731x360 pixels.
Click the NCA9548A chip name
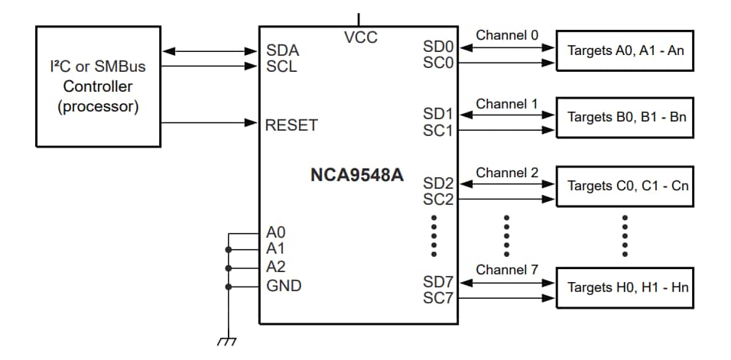click(x=356, y=176)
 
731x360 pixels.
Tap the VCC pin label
click(x=361, y=37)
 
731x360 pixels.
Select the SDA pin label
click(x=282, y=51)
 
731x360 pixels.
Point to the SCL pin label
click(x=281, y=66)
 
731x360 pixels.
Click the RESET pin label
click(x=291, y=125)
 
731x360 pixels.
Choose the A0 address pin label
click(x=276, y=232)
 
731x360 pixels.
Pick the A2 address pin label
click(x=276, y=268)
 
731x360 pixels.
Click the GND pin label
click(x=284, y=286)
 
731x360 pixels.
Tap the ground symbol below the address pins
click(x=227, y=341)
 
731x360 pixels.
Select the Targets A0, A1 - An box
click(x=625, y=51)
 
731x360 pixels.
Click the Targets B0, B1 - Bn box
click(x=625, y=118)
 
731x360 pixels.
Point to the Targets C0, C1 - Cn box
click(x=625, y=186)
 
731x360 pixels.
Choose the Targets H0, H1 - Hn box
click(x=625, y=287)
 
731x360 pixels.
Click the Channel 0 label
click(x=507, y=35)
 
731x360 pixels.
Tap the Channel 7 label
click(x=507, y=270)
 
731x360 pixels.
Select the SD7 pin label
click(x=438, y=282)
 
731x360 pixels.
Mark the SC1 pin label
click(x=438, y=131)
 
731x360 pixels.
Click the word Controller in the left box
click(x=98, y=86)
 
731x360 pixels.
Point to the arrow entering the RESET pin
click(x=252, y=123)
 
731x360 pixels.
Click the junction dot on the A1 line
click(x=228, y=250)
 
